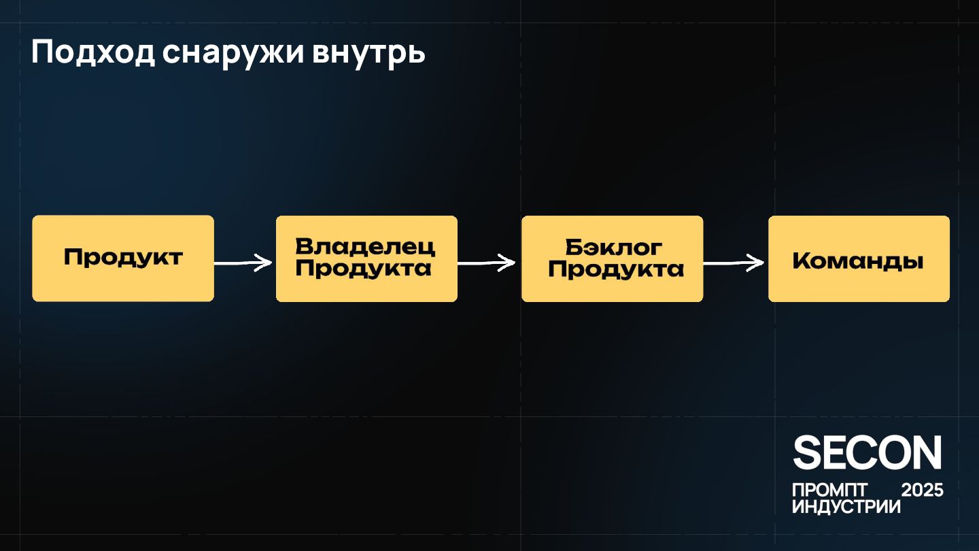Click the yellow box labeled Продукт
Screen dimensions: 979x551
click(x=123, y=258)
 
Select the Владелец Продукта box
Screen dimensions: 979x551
click(x=366, y=258)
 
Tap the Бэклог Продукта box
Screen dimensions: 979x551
click(x=612, y=258)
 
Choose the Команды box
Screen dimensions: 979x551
click(x=859, y=258)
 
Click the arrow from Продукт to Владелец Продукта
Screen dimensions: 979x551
click(x=244, y=263)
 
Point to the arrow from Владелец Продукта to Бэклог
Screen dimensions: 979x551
click(x=487, y=263)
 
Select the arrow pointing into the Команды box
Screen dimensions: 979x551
click(x=734, y=263)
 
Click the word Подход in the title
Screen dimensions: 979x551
click(x=93, y=53)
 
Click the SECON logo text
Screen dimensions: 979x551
click(x=868, y=453)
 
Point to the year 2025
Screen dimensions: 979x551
click(x=922, y=490)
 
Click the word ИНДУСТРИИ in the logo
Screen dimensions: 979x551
click(x=846, y=507)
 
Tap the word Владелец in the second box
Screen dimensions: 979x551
click(x=366, y=247)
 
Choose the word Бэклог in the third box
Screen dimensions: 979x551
click(x=613, y=247)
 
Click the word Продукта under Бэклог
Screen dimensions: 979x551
click(x=616, y=269)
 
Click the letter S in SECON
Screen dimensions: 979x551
click(x=808, y=453)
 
